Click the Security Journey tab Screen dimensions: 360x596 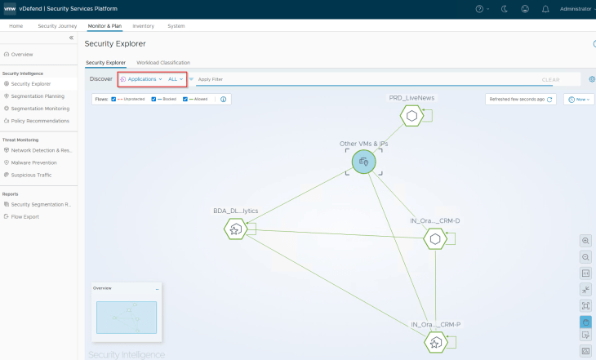tap(57, 26)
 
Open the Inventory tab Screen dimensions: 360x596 tap(143, 26)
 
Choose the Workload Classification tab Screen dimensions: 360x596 tap(163, 62)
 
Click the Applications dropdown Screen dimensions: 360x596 tap(142, 79)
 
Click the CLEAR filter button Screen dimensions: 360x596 tap(550, 80)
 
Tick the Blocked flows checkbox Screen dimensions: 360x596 tap(153, 99)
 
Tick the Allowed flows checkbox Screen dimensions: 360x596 tap(185, 99)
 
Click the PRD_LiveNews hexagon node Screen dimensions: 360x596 tap(411, 115)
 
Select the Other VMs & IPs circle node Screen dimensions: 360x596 tap(363, 162)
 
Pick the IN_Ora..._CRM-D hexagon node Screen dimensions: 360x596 tap(435, 238)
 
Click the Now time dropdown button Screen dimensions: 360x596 tap(578, 99)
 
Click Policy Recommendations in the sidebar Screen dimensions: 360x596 tap(41, 121)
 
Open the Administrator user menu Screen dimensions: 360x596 tap(576, 9)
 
